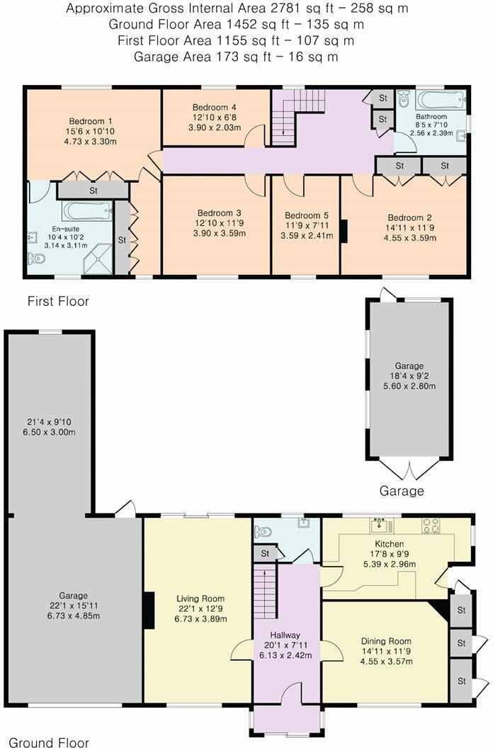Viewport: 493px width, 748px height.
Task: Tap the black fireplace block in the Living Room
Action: (149, 610)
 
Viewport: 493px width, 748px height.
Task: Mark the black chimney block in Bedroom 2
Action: (344, 232)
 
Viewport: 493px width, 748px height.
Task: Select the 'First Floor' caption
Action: (58, 301)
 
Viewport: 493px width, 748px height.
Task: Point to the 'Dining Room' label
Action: (385, 640)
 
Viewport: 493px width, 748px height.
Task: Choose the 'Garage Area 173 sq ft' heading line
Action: (237, 56)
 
